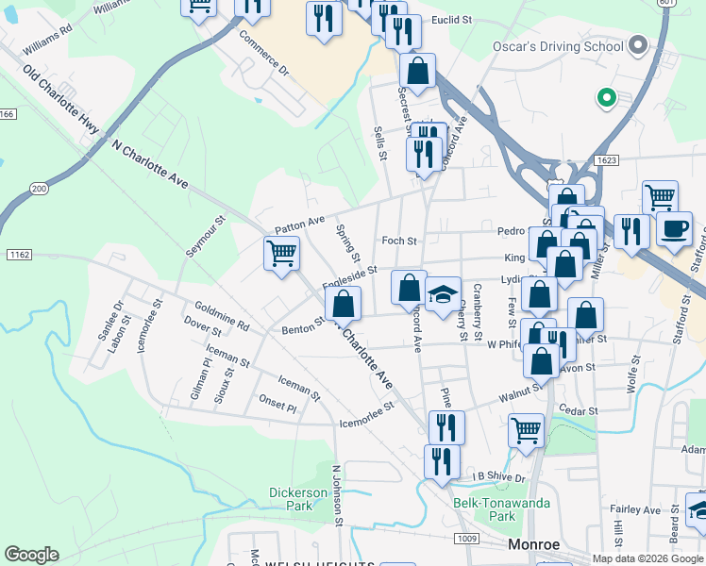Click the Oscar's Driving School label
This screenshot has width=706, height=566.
tap(559, 46)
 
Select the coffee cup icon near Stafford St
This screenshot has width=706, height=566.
tap(674, 229)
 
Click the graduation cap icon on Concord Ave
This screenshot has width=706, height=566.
tap(443, 295)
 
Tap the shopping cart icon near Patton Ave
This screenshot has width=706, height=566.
tap(281, 253)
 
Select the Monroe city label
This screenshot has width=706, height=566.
tap(534, 544)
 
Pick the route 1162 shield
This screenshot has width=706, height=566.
tap(18, 255)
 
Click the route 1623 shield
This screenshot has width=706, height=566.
tap(607, 160)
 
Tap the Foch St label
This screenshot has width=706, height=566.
tap(398, 241)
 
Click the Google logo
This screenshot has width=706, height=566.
tap(31, 555)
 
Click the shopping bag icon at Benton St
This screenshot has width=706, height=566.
tap(343, 304)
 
